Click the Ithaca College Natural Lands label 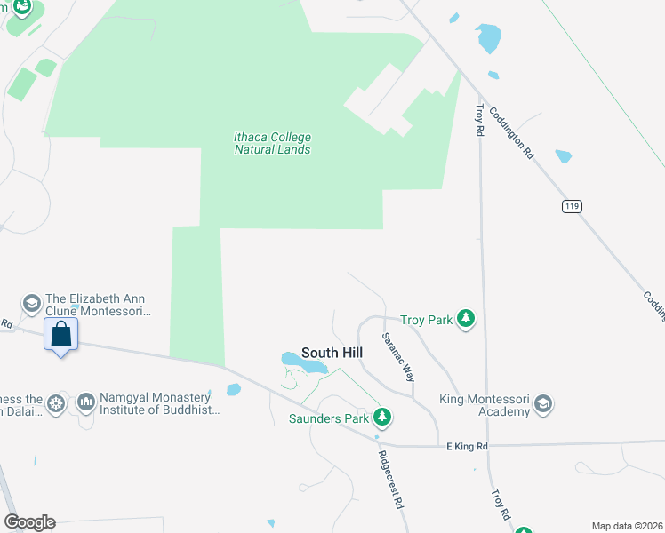(x=272, y=143)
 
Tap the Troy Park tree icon (x=464, y=319)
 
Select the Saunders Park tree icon (x=382, y=417)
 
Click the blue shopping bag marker (x=60, y=335)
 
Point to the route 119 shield (x=572, y=206)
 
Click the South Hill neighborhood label (x=332, y=353)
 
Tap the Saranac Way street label (x=397, y=357)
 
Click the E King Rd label (x=468, y=447)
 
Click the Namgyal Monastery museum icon (x=86, y=403)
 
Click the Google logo (x=28, y=522)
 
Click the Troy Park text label (x=426, y=320)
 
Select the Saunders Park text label (x=326, y=418)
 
